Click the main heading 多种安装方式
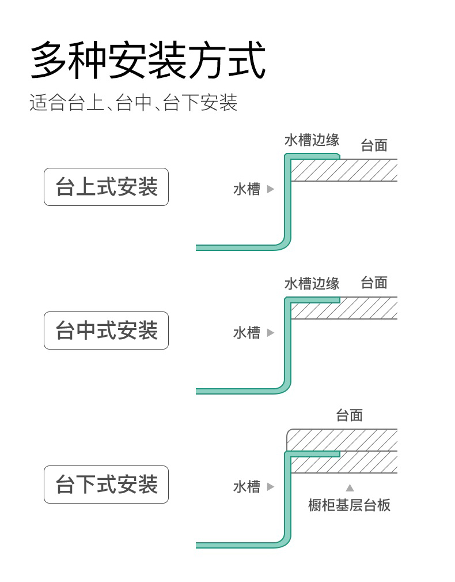[148, 60]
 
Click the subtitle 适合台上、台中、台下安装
[134, 103]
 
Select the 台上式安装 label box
[107, 187]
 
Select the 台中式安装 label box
[107, 331]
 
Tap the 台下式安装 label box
[107, 485]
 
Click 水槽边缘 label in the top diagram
[312, 140]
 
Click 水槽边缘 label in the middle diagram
[312, 284]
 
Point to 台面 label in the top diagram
[374, 145]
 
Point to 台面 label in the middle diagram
[374, 283]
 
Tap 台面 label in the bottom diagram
[350, 415]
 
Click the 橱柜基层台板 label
[350, 505]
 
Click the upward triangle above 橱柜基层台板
[350, 488]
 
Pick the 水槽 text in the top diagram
[247, 189]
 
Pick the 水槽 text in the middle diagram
[247, 333]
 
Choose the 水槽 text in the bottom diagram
[247, 487]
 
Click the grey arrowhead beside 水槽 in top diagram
[271, 189]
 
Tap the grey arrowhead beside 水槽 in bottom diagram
[271, 487]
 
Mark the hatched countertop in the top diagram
[344, 170]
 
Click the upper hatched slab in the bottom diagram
[342, 440]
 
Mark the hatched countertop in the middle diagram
[344, 309]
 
